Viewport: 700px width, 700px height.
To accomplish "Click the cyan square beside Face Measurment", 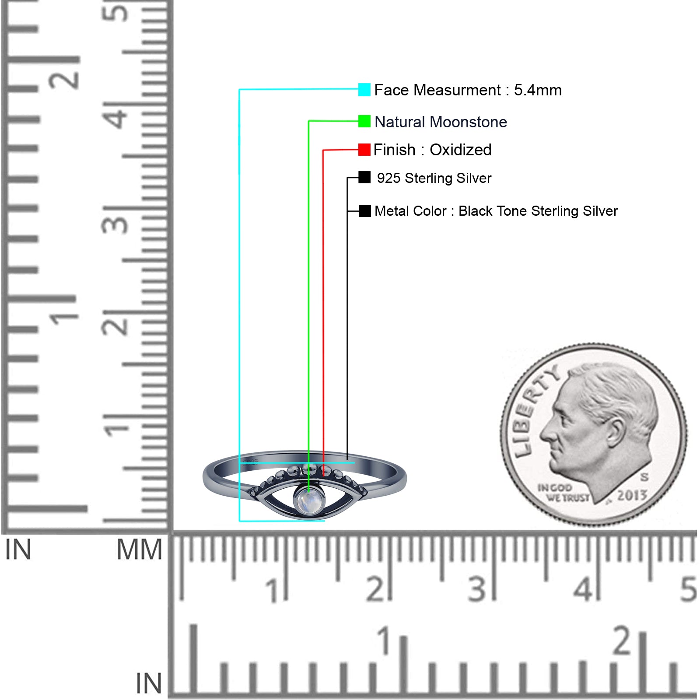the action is [364, 90].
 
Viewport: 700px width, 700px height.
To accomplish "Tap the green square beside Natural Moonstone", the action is [364, 121].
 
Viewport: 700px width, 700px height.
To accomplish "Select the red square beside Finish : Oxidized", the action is [364, 150].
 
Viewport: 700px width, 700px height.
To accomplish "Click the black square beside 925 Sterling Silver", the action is [364, 177].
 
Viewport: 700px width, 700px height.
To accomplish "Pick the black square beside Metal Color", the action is [365, 211].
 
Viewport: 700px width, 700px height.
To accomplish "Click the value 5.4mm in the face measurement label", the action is [538, 90].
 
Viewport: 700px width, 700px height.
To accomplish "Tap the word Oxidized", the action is [461, 150].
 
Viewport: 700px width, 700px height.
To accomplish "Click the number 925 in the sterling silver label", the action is [388, 178].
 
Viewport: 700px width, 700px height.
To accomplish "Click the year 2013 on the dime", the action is [632, 495].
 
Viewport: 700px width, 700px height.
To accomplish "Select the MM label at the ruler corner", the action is [139, 549].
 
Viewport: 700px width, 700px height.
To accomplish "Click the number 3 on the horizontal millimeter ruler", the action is [477, 589].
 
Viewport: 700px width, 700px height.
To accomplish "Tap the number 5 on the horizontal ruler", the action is [688, 589].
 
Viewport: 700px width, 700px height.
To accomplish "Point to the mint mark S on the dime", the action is [644, 476].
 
